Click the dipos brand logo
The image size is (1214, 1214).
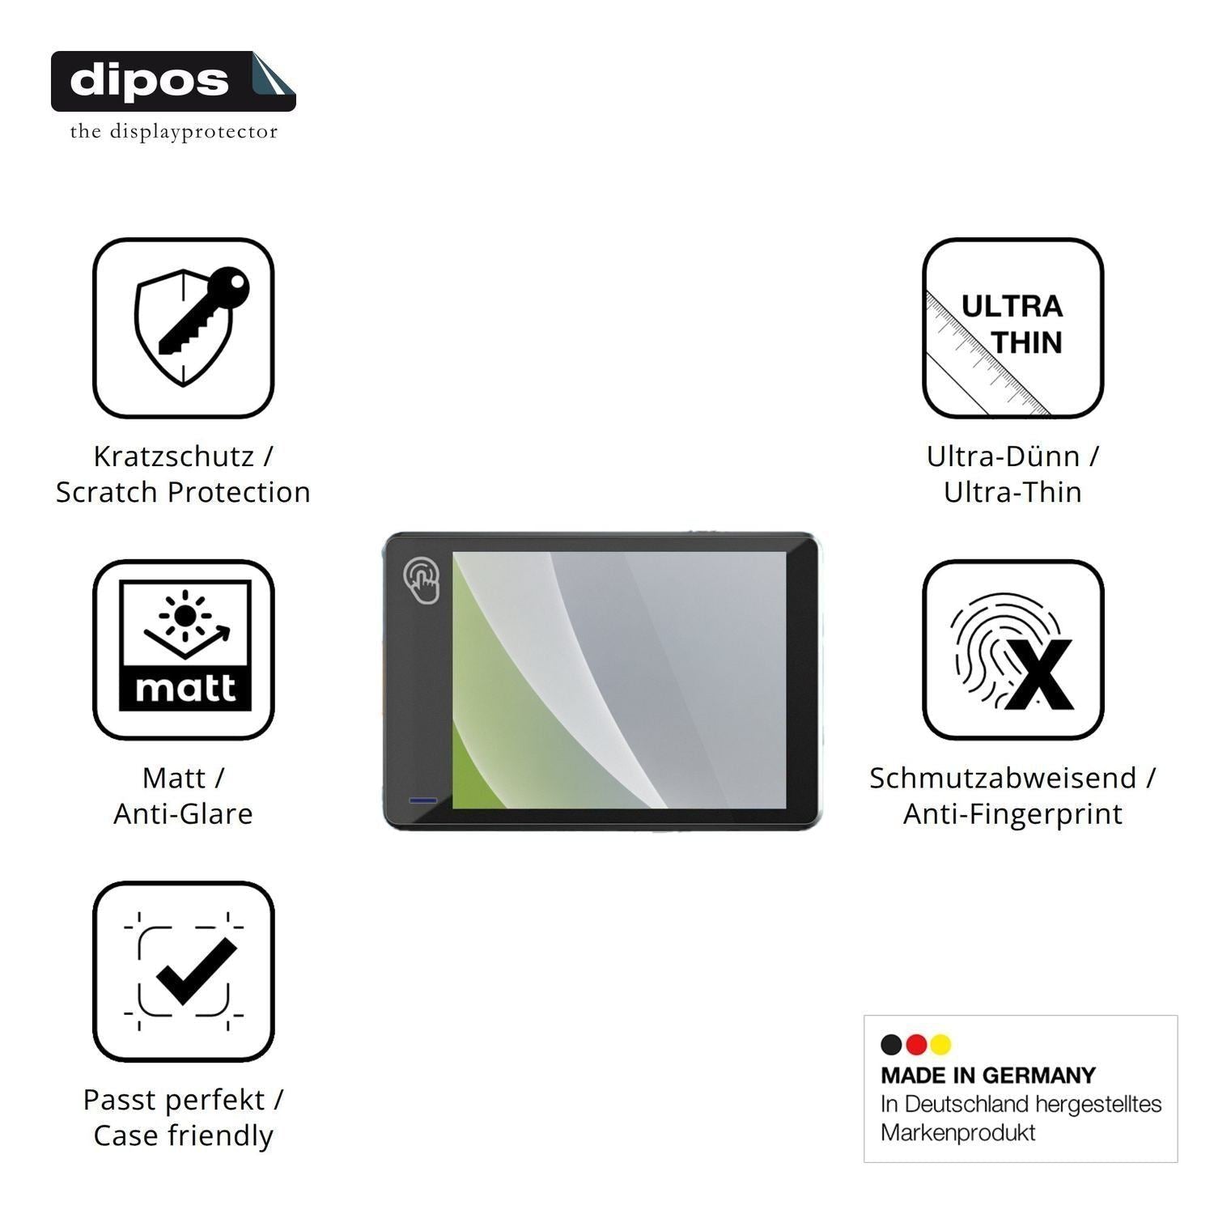coord(173,81)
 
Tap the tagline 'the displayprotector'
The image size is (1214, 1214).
coord(173,132)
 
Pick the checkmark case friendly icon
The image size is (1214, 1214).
coord(184,971)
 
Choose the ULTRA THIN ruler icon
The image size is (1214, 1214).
coord(1013,328)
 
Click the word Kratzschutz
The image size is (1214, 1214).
coord(173,456)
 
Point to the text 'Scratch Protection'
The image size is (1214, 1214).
coord(183,492)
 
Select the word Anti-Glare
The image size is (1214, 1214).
coord(183,813)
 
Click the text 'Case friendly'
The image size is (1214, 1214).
coord(183,1135)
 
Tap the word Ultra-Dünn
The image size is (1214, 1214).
coord(1003,456)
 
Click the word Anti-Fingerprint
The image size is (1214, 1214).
coord(1013,813)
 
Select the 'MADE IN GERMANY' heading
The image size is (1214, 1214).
coord(988,1076)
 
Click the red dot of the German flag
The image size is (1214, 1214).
coord(916,1045)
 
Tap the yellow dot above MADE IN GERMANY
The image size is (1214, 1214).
coord(940,1045)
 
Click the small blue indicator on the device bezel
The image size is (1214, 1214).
coord(423,800)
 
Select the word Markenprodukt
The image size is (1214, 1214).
coord(957,1133)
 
